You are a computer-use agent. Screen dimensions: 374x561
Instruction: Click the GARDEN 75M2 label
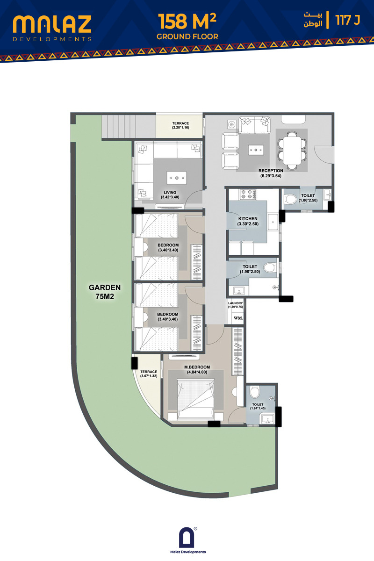105,292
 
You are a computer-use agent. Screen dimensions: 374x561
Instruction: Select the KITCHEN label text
248,219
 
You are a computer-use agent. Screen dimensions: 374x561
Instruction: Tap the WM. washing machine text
238,318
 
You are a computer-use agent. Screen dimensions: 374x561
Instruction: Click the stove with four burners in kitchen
248,194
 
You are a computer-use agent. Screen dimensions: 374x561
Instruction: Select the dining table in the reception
292,151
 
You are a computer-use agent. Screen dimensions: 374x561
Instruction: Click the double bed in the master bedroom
196,399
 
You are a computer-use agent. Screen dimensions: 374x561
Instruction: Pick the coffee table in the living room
177,178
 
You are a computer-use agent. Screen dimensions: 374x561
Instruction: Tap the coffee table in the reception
256,150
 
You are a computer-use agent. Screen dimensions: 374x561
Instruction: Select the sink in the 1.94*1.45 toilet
267,419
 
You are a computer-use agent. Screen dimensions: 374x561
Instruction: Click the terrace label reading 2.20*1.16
180,125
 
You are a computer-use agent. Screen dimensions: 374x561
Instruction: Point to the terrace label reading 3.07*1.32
149,374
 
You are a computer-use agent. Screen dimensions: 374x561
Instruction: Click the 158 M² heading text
187,22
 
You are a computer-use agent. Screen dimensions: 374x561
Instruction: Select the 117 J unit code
347,20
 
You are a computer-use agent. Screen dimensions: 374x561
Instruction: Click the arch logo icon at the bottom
187,537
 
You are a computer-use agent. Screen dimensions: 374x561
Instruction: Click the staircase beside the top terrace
129,126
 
